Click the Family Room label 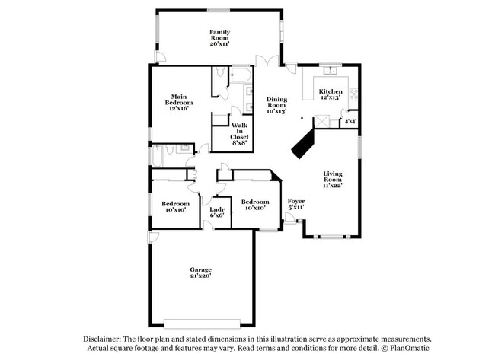pyautogui.click(x=219, y=32)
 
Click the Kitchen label pyautogui.click(x=330, y=91)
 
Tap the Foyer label pyautogui.click(x=296, y=201)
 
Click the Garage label pyautogui.click(x=201, y=270)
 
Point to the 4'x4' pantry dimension pyautogui.click(x=350, y=121)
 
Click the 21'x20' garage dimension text pyautogui.click(x=201, y=276)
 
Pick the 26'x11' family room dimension pyautogui.click(x=219, y=44)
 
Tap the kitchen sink pyautogui.click(x=331, y=71)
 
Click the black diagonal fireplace pyautogui.click(x=305, y=142)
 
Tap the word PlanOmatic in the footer pyautogui.click(x=411, y=349)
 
